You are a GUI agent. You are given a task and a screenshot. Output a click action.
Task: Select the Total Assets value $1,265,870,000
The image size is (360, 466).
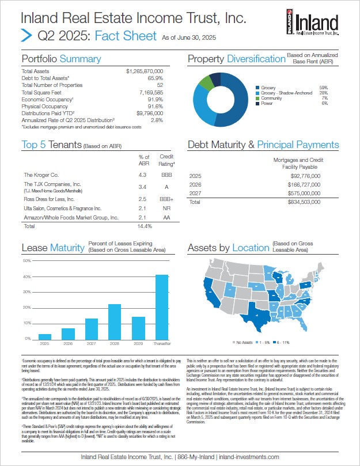click(145, 70)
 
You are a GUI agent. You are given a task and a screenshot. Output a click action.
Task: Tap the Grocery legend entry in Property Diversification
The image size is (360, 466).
click(268, 88)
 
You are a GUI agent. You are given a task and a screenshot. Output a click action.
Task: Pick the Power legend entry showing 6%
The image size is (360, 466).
click(267, 103)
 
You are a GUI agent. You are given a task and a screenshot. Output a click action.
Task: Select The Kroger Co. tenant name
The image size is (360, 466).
click(41, 174)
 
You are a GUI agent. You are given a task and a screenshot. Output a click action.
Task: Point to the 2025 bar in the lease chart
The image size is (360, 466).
click(45, 336)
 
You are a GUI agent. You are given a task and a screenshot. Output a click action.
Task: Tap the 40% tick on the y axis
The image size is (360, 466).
click(26, 276)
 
